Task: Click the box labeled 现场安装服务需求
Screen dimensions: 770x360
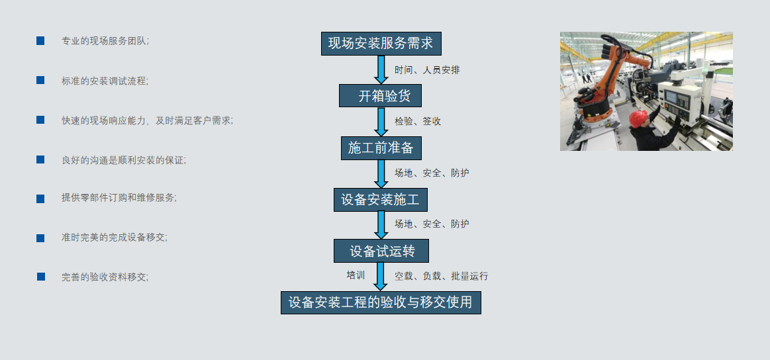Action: coord(381,44)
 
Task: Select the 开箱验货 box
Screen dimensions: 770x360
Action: coord(380,96)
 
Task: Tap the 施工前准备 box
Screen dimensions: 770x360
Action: coord(381,148)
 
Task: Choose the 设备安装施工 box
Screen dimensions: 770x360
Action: coord(381,200)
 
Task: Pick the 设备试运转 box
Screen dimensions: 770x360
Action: coord(381,251)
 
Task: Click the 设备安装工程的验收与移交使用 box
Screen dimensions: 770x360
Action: coord(381,302)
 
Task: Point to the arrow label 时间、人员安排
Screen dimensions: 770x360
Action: coord(427,70)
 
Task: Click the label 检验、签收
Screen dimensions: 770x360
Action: coord(418,121)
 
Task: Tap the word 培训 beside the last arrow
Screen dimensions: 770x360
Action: coord(356,275)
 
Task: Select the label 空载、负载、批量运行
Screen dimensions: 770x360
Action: coord(442,276)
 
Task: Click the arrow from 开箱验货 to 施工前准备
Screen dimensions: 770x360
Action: coord(381,122)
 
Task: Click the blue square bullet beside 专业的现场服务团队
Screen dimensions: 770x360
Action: coord(40,41)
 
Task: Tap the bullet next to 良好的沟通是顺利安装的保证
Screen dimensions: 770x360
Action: coord(40,159)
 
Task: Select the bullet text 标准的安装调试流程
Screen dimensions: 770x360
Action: coord(105,81)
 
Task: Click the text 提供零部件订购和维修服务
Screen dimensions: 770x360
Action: coord(119,198)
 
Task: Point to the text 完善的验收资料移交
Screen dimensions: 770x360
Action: coord(105,277)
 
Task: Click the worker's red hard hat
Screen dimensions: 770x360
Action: coord(638,118)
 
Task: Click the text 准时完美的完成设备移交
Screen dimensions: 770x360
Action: coord(114,238)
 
